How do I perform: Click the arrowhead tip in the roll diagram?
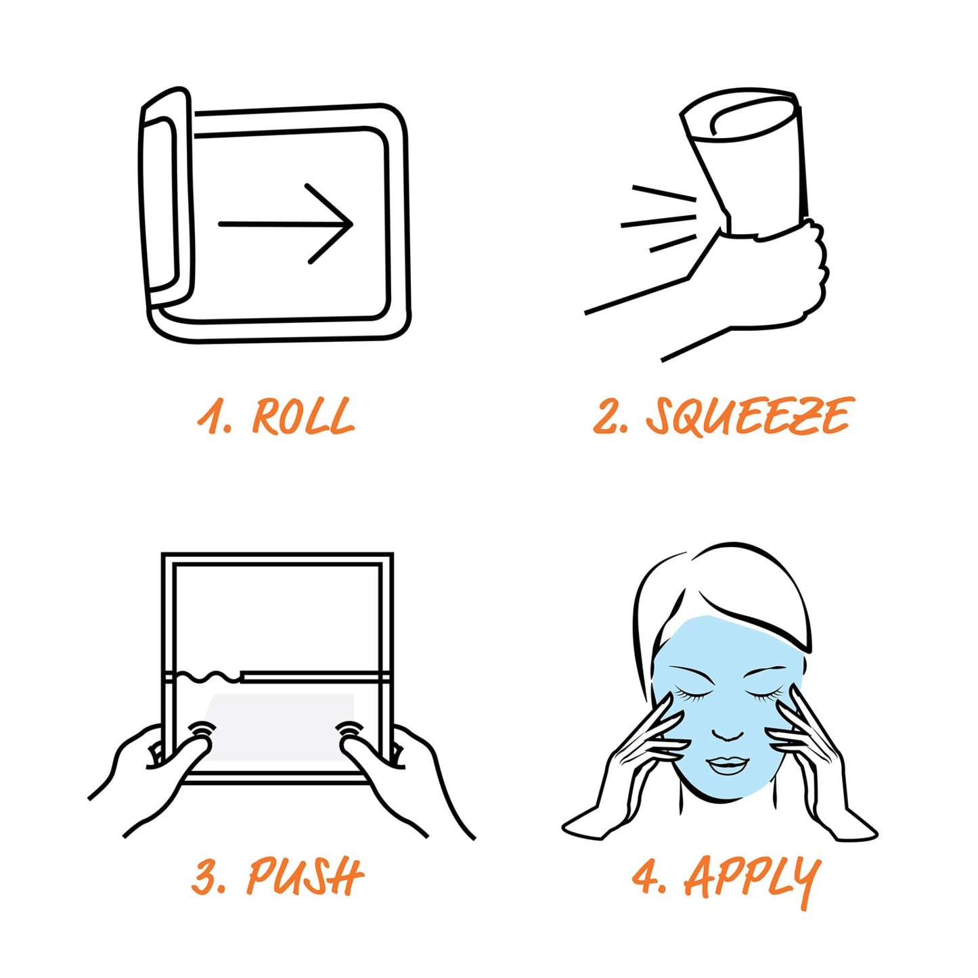pos(352,223)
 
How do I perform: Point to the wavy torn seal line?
pos(208,675)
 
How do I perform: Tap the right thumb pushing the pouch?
pos(357,750)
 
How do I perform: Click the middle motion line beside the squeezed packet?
pos(658,221)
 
